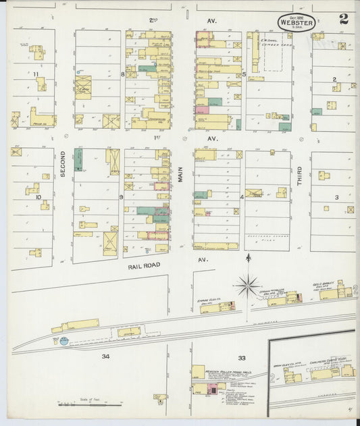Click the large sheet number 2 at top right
click(x=344, y=19)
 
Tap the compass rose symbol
click(x=249, y=286)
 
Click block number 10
click(x=38, y=197)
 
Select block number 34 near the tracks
click(x=105, y=356)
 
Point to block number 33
click(x=241, y=358)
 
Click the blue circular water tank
click(x=63, y=341)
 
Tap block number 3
click(x=335, y=197)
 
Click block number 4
click(x=242, y=197)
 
